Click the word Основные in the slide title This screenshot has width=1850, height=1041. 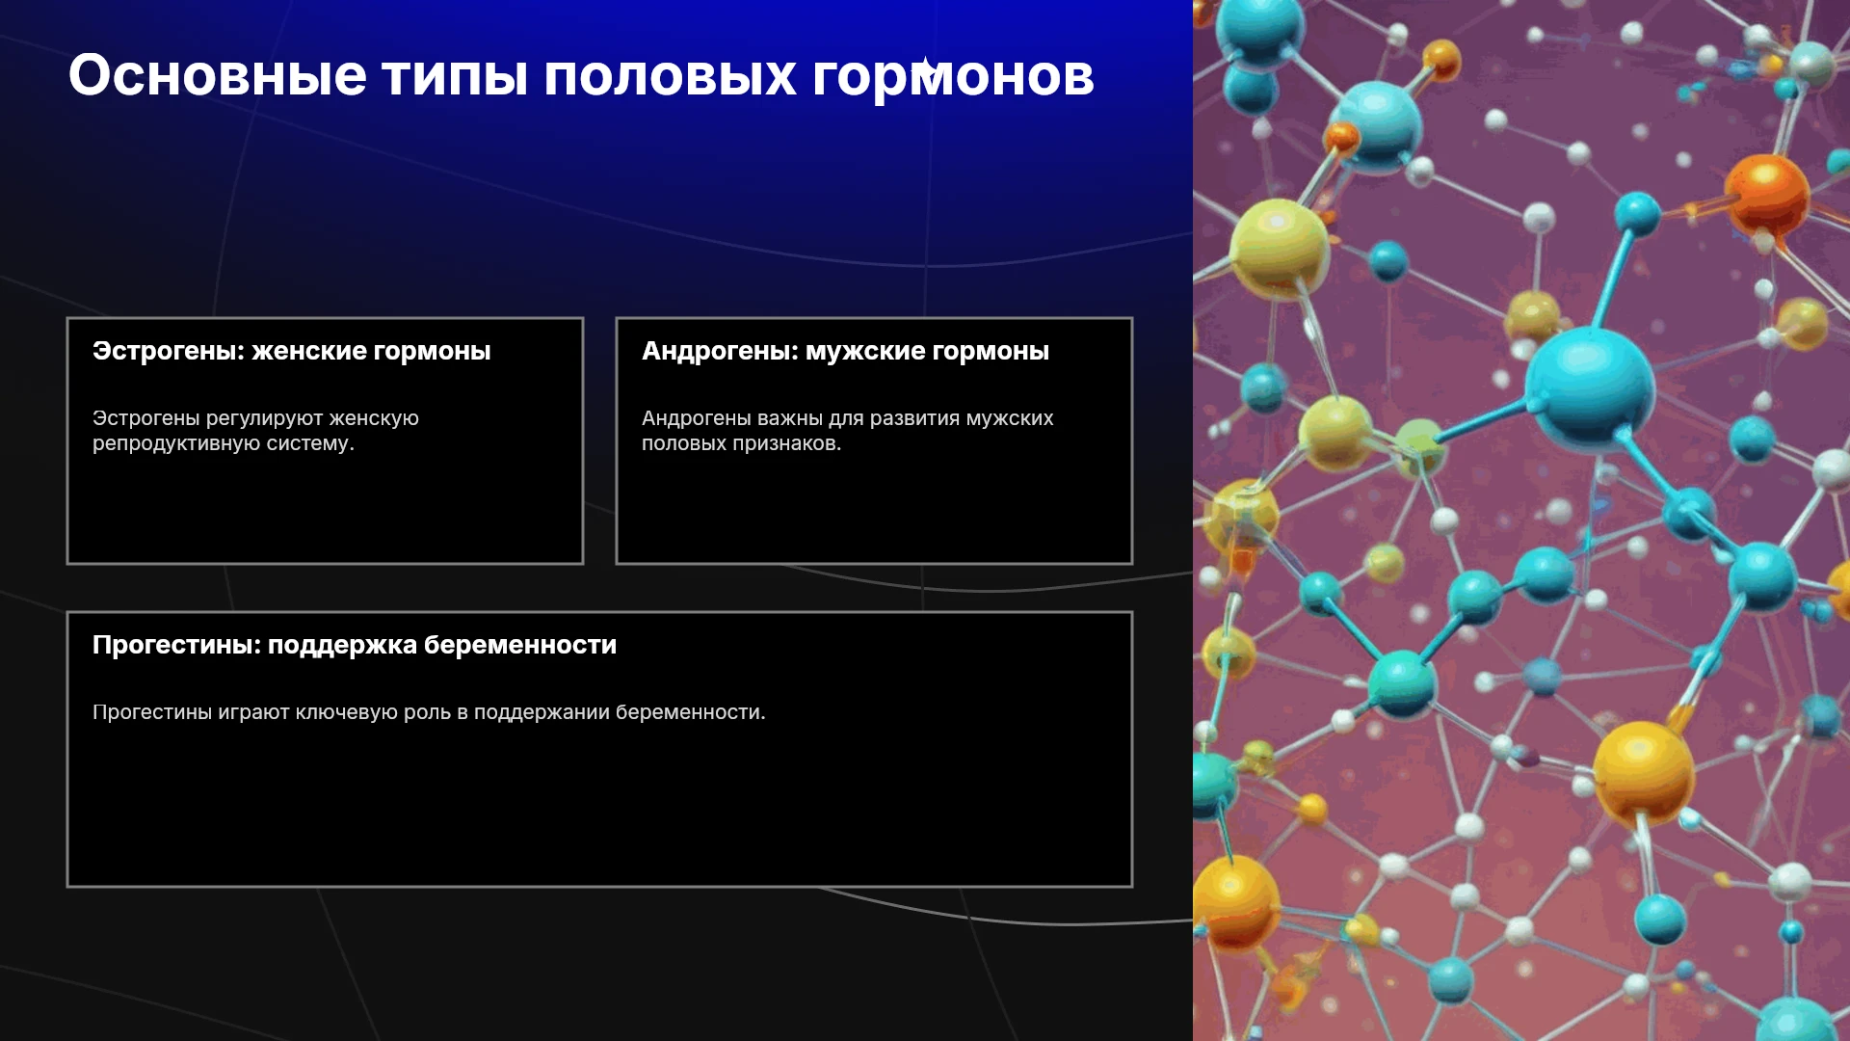(218, 75)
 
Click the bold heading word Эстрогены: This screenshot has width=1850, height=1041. (169, 352)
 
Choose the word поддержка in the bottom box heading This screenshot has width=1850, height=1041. (342, 646)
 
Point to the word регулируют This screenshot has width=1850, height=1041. (264, 419)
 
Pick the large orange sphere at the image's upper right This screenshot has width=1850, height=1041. (1766, 197)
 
